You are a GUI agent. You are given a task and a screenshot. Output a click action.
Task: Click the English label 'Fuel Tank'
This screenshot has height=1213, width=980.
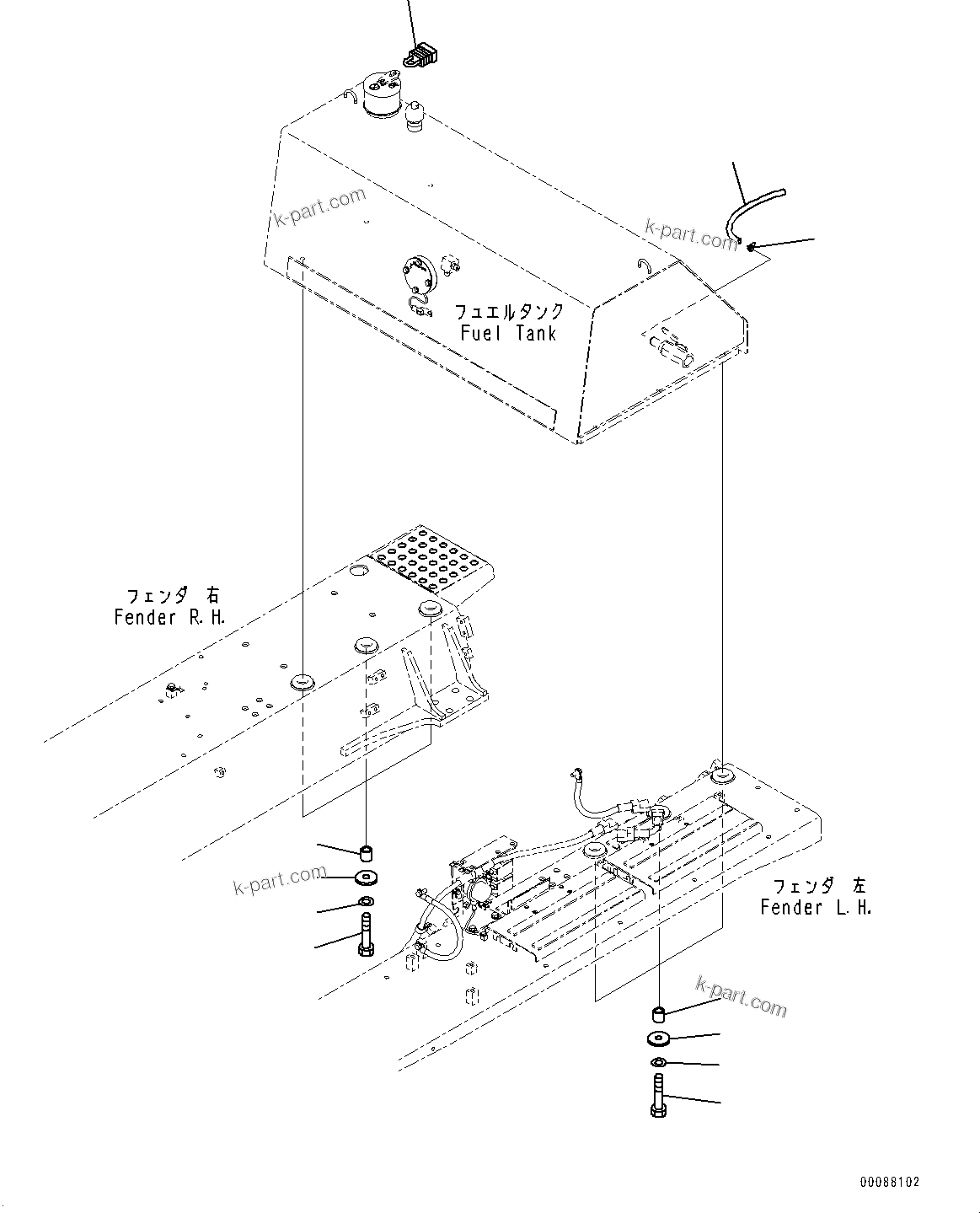pyautogui.click(x=508, y=333)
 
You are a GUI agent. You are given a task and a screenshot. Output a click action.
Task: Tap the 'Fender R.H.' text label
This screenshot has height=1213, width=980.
pyautogui.click(x=170, y=617)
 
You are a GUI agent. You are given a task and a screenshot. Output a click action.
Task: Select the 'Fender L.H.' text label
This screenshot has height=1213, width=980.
pyautogui.click(x=815, y=908)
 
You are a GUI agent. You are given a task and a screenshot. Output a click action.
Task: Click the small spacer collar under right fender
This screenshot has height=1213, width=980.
pyautogui.click(x=367, y=847)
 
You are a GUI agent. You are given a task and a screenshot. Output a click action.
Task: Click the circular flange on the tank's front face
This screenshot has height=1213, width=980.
pyautogui.click(x=417, y=276)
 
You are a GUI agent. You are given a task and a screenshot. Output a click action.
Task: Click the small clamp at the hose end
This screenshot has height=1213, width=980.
pyautogui.click(x=750, y=247)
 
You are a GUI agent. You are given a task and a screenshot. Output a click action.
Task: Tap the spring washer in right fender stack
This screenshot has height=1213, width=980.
pyautogui.click(x=367, y=904)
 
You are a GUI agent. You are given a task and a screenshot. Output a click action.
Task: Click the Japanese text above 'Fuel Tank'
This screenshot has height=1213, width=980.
pyautogui.click(x=508, y=311)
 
